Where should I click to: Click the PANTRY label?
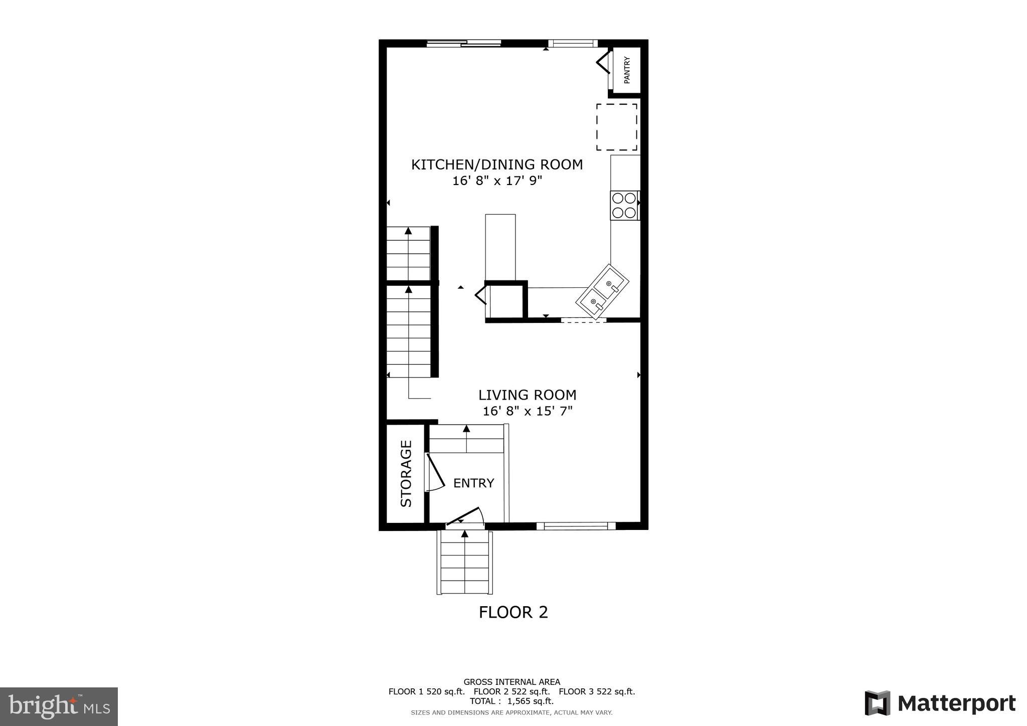click(627, 70)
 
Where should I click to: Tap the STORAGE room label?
click(406, 473)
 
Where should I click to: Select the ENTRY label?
click(473, 483)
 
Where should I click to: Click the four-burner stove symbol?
click(624, 205)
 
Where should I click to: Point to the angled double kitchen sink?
click(602, 292)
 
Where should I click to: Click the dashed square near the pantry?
click(616, 127)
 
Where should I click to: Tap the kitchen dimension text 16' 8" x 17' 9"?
click(497, 180)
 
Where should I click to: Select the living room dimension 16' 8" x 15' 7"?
click(527, 411)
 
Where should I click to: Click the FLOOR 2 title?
click(513, 612)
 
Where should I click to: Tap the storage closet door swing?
click(434, 472)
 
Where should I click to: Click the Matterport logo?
click(940, 703)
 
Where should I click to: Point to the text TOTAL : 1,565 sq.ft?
click(511, 701)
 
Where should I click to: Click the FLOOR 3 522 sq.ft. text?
click(597, 691)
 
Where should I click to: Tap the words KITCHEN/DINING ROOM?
click(497, 164)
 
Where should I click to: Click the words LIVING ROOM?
click(527, 395)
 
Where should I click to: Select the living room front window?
click(576, 525)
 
